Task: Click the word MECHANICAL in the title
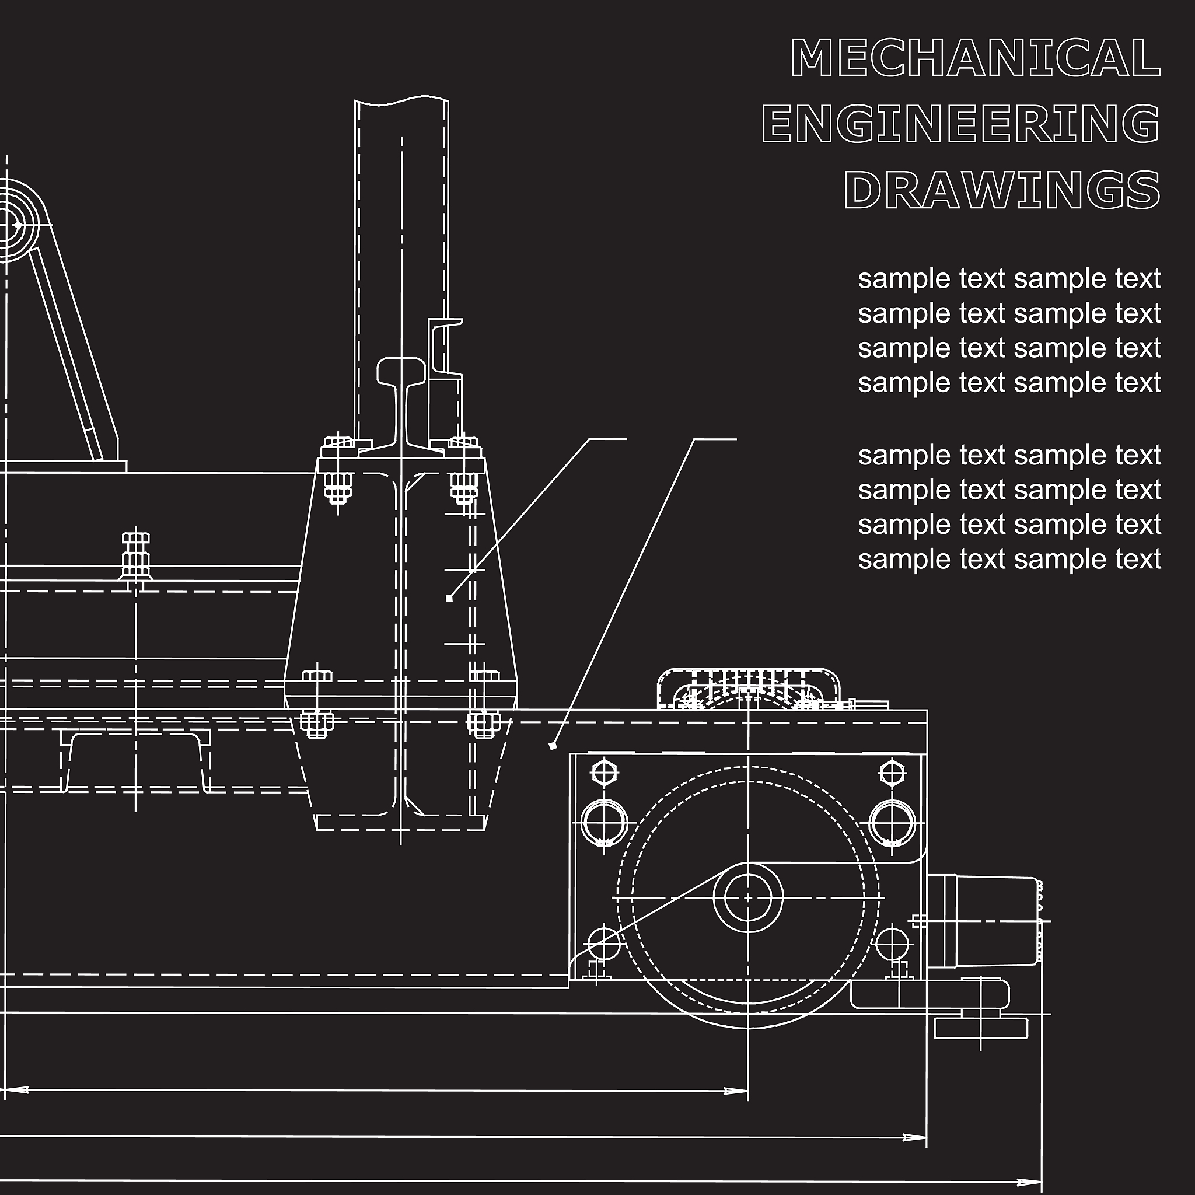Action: click(976, 58)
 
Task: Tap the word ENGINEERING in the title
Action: click(961, 123)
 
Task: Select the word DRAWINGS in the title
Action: click(1002, 189)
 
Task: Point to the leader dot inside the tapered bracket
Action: click(449, 598)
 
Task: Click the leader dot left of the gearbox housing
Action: click(553, 746)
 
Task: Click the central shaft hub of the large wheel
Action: click(748, 897)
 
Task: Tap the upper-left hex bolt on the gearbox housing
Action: click(605, 773)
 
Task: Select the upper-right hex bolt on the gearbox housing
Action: click(892, 773)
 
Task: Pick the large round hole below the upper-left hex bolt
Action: click(605, 823)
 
